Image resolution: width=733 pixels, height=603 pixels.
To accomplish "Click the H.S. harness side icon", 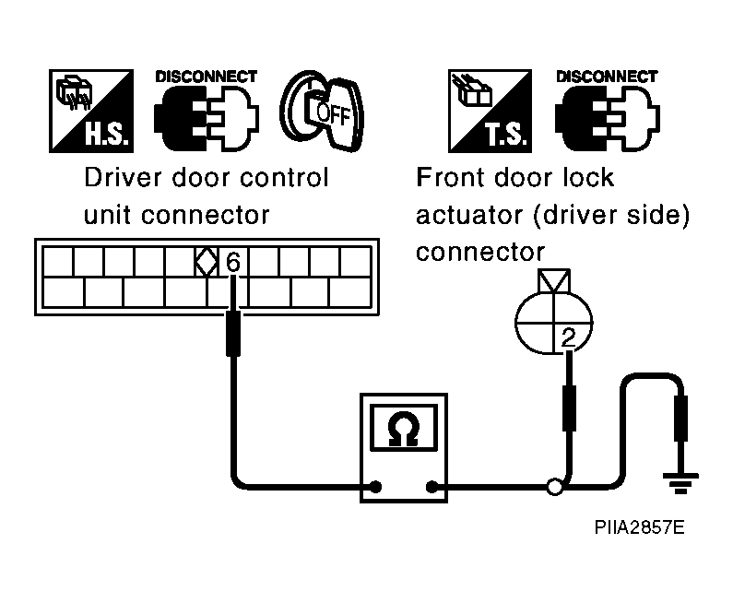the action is pos(91,111).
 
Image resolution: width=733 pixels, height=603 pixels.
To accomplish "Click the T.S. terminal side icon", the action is pos(490,111).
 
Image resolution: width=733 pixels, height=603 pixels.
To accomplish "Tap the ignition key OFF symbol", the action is pos(322,112).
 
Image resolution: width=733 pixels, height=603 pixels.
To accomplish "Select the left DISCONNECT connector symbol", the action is pos(207,111).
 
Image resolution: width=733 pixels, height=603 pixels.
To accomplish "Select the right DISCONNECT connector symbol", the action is pos(608,111).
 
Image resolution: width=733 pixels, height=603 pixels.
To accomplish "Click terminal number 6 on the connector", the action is pos(232,262).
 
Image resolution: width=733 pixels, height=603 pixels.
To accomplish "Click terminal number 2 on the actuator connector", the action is pos(569,337).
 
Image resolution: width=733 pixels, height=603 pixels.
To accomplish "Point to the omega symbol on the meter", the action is pos(404,428).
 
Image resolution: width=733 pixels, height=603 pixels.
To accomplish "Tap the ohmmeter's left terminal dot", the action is pos(375,487).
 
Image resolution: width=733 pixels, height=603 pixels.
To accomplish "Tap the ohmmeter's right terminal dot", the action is pos(432,487).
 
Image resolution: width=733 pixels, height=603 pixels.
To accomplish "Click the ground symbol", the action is pos(680,483).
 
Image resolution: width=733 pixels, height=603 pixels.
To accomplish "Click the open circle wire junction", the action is pos(555,487).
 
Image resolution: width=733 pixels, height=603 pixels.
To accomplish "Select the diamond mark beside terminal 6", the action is pos(207,262).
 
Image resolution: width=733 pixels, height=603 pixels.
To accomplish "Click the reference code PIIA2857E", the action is pos(639,527).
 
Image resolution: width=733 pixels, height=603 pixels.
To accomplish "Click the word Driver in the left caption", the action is pos(123,178).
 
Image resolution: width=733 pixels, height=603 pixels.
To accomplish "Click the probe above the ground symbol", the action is pos(680,419).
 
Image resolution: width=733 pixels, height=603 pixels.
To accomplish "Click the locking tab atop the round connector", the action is pos(554,281).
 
